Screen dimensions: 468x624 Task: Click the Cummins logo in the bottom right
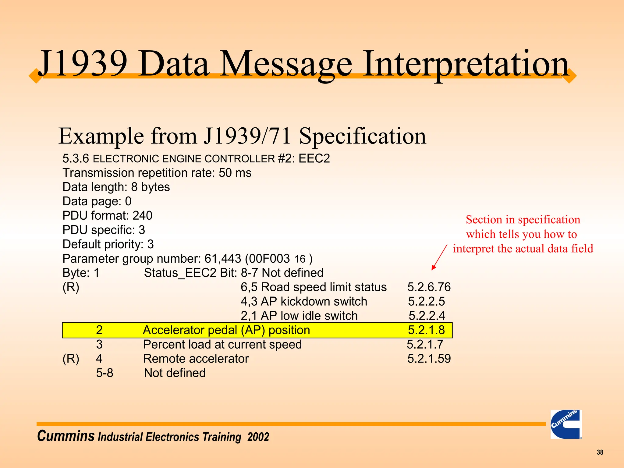pos(566,424)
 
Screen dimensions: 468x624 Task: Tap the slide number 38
pos(600,452)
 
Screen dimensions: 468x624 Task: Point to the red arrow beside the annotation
pos(439,257)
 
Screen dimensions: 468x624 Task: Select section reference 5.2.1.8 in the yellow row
pos(426,330)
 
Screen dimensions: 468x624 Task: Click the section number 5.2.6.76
pos(429,287)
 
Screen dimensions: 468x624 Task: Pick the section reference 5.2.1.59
pos(429,359)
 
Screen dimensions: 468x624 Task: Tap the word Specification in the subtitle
pos(362,136)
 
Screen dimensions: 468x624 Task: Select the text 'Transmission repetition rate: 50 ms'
pos(157,173)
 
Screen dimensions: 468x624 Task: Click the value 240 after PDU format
pos(142,216)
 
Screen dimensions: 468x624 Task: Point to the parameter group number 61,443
pos(223,259)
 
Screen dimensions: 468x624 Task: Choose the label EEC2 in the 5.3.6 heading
pos(314,158)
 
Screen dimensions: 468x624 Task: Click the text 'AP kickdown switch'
pos(314,301)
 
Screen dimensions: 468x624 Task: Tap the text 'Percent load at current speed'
pos(222,344)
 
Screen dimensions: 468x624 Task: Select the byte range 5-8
pos(105,373)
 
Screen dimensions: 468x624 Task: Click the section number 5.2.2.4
pos(427,316)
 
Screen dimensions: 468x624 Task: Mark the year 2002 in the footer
pos(258,437)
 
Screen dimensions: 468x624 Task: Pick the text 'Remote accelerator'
pos(196,359)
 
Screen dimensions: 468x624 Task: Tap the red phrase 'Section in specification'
pos(523,220)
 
